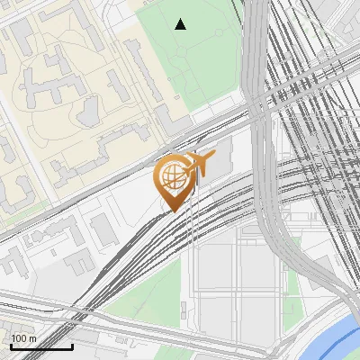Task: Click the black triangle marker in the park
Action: click(x=181, y=24)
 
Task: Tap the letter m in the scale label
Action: click(x=33, y=338)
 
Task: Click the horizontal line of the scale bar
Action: click(x=40, y=347)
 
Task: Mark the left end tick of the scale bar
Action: click(x=10, y=346)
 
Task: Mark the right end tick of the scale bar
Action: click(x=72, y=346)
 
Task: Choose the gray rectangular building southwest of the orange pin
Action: click(x=103, y=229)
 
